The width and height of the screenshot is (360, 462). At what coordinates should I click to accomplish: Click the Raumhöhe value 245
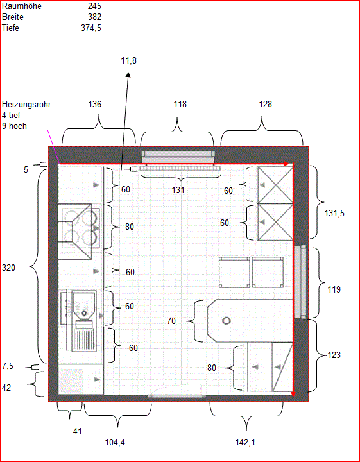94,6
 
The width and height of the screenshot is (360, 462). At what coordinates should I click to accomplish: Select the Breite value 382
94,17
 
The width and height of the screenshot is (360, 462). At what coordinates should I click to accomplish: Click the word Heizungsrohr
26,104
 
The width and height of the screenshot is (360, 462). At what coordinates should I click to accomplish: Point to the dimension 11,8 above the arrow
128,60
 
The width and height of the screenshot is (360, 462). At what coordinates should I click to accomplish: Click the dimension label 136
94,104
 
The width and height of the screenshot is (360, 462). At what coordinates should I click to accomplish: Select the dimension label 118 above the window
180,104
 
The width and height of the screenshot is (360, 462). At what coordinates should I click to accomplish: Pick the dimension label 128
265,104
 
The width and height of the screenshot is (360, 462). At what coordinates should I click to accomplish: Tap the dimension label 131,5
334,214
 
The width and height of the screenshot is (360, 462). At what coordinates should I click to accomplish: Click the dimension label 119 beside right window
334,289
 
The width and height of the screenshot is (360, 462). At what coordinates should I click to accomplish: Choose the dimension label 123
334,355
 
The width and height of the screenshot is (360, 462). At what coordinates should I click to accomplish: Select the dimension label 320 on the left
9,268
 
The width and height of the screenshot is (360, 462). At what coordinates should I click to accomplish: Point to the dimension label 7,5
8,366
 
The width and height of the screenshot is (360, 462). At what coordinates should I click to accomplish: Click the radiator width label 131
178,190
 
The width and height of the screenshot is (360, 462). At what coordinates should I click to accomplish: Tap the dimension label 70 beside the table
171,321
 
